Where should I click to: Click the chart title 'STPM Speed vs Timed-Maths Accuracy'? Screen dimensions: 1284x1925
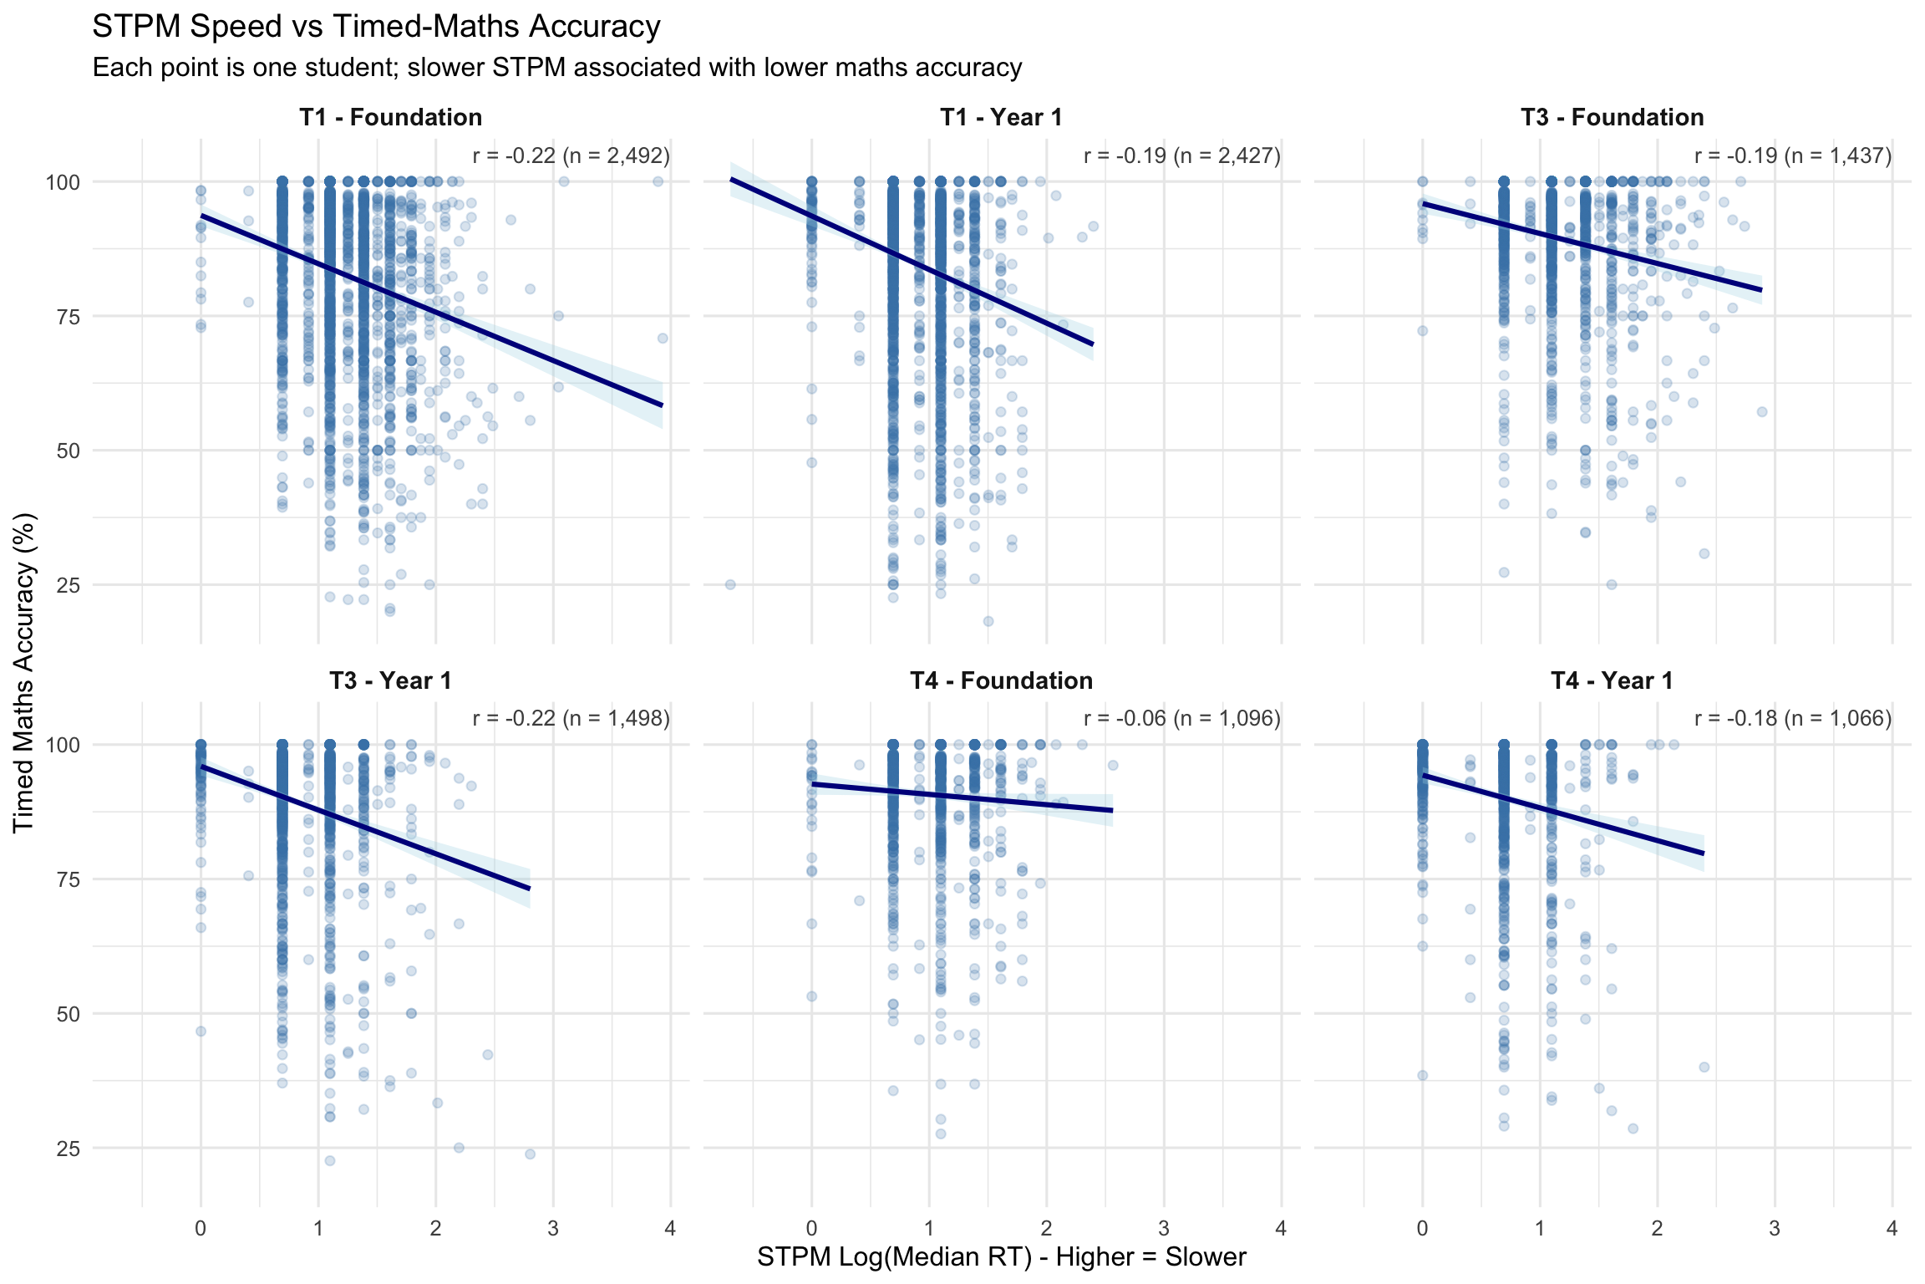[376, 27]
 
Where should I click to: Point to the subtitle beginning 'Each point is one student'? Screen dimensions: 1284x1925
[556, 68]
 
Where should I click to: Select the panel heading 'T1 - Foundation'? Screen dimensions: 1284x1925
[391, 118]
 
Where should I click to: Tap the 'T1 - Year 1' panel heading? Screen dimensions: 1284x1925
[1001, 118]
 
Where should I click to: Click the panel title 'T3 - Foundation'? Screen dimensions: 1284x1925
[1612, 118]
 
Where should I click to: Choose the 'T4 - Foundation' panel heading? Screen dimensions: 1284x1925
[1001, 681]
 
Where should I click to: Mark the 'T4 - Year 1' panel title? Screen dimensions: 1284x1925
[1612, 681]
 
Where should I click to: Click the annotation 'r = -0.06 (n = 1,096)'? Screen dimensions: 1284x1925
[1181, 718]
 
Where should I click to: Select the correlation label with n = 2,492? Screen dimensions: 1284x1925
[571, 155]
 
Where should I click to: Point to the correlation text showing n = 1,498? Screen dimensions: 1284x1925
[571, 718]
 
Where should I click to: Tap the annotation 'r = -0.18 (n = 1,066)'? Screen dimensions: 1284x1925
[1792, 718]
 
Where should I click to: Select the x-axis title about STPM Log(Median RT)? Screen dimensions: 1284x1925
[1001, 1257]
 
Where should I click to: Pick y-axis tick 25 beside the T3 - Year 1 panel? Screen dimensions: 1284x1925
[68, 1149]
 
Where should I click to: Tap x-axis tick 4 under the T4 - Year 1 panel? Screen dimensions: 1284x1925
[1892, 1228]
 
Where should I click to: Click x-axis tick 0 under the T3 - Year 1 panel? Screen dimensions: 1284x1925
[201, 1228]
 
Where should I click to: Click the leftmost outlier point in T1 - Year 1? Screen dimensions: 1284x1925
[730, 584]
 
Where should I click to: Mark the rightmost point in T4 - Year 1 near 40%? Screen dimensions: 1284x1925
[1704, 1067]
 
